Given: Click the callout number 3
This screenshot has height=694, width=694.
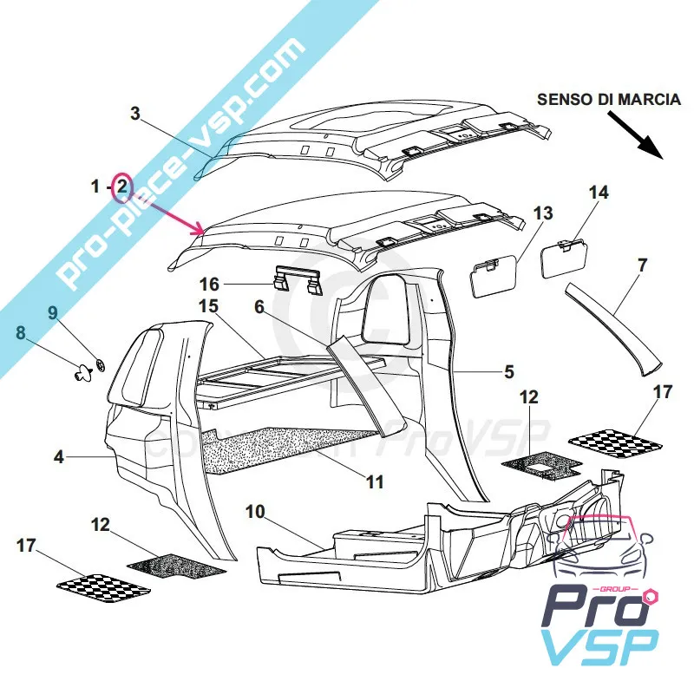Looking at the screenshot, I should click(x=135, y=114).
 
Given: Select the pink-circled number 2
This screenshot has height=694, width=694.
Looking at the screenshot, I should click(x=122, y=186).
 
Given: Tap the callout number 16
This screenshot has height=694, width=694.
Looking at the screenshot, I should click(x=211, y=284).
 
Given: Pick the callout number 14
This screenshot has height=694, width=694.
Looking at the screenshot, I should click(x=599, y=192).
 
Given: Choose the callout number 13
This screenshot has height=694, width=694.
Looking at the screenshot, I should click(x=542, y=213).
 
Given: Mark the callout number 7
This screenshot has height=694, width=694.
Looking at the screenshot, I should click(x=641, y=265).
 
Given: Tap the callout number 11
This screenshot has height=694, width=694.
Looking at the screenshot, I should click(x=373, y=481).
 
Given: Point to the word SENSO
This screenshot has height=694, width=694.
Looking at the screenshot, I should click(x=561, y=99).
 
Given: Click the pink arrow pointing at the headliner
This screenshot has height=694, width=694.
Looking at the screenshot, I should click(x=165, y=211).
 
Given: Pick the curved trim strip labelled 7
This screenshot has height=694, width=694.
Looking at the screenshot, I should click(x=612, y=327).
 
